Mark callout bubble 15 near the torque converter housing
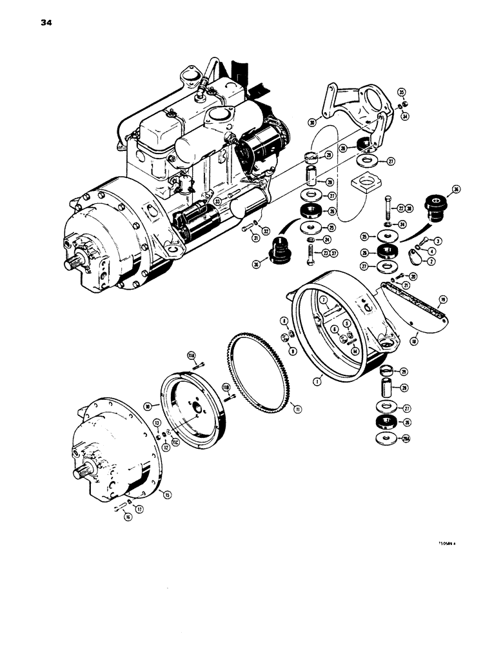(x=167, y=495)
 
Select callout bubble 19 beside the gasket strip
(x=443, y=299)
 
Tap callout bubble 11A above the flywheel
(x=192, y=354)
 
